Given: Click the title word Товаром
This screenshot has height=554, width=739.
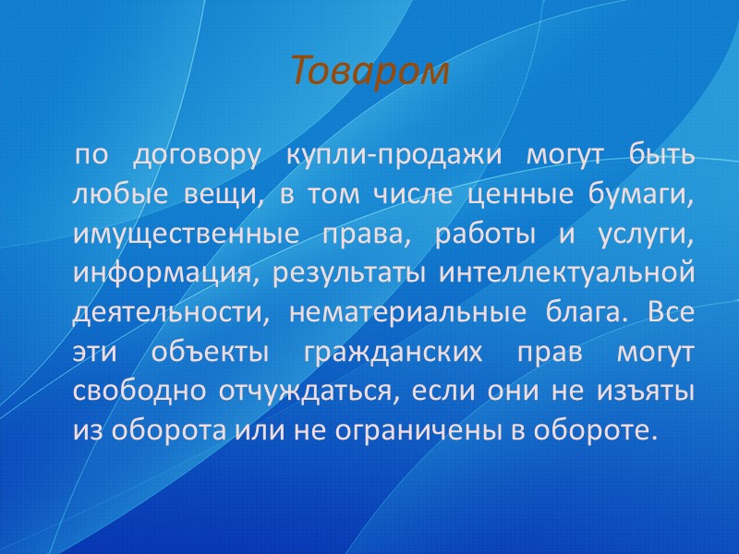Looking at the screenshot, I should click(369, 71).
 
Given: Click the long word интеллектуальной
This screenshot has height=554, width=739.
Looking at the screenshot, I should click(566, 274).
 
